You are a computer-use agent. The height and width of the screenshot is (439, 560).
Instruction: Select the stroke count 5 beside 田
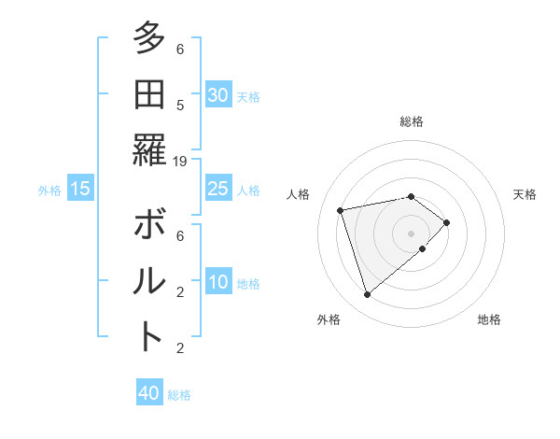[180, 106]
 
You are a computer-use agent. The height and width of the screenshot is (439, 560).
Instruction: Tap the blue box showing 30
[217, 95]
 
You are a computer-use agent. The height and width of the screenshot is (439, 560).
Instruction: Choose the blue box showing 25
[217, 189]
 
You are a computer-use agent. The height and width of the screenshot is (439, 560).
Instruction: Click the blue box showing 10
[217, 283]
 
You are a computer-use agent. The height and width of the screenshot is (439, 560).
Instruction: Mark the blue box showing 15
[80, 190]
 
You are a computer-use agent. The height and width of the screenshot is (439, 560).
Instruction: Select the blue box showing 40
[149, 393]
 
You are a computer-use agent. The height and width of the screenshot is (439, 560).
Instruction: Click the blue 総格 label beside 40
[179, 395]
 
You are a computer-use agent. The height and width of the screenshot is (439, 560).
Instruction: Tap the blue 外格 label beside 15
[49, 191]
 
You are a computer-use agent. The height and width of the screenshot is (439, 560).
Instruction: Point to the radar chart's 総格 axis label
[412, 121]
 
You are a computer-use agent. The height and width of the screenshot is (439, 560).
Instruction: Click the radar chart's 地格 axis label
[489, 320]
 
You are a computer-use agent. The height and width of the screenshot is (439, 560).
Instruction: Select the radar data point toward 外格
[368, 295]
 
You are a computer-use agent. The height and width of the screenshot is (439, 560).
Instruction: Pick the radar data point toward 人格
[341, 209]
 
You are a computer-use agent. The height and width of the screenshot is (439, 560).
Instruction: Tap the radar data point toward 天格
[447, 222]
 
